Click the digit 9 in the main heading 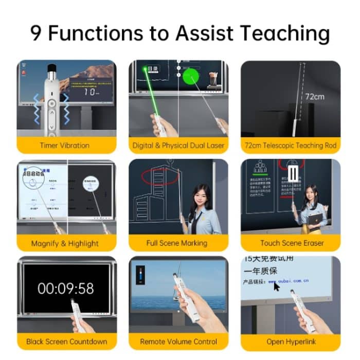pos(37,33)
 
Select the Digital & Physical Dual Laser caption pos(178,146)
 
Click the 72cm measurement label pos(314,96)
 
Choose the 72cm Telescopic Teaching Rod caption pos(291,146)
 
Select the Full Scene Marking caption pos(178,243)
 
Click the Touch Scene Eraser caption pos(291,243)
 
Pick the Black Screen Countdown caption pos(66,341)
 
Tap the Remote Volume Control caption pos(178,341)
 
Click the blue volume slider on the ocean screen pos(140,276)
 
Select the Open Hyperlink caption pos(291,341)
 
